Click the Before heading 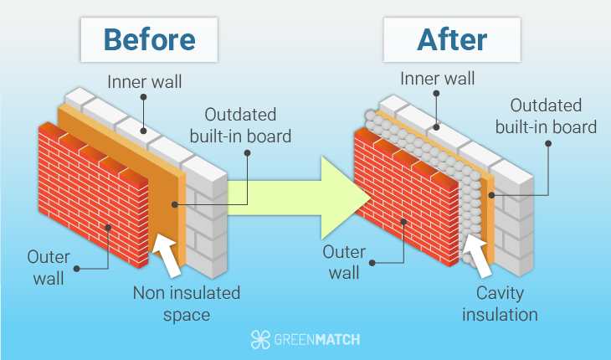point(149,39)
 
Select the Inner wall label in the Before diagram point(144,82)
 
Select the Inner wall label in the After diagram point(437,79)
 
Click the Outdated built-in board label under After point(546,117)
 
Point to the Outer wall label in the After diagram point(345,262)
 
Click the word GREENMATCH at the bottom point(317,339)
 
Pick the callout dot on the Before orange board point(175,203)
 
